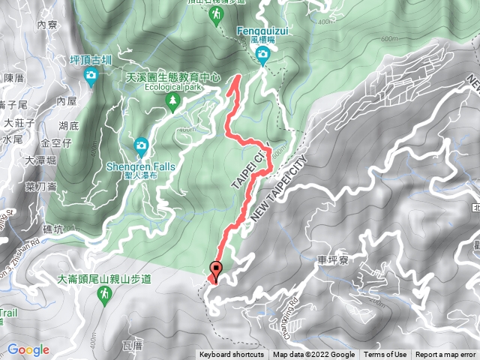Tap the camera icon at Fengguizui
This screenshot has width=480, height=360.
[x=263, y=54]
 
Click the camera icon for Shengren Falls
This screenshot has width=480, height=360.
[x=140, y=145]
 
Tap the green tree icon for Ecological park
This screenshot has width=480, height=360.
[x=174, y=99]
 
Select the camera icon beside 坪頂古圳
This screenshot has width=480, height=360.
[x=90, y=75]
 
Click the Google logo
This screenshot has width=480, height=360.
[x=28, y=349]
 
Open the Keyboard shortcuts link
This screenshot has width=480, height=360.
[x=232, y=355]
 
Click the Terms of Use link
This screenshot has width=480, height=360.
[x=385, y=355]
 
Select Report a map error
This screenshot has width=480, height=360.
[x=445, y=355]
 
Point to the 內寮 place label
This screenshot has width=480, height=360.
[x=46, y=24]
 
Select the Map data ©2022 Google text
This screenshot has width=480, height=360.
[x=313, y=355]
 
